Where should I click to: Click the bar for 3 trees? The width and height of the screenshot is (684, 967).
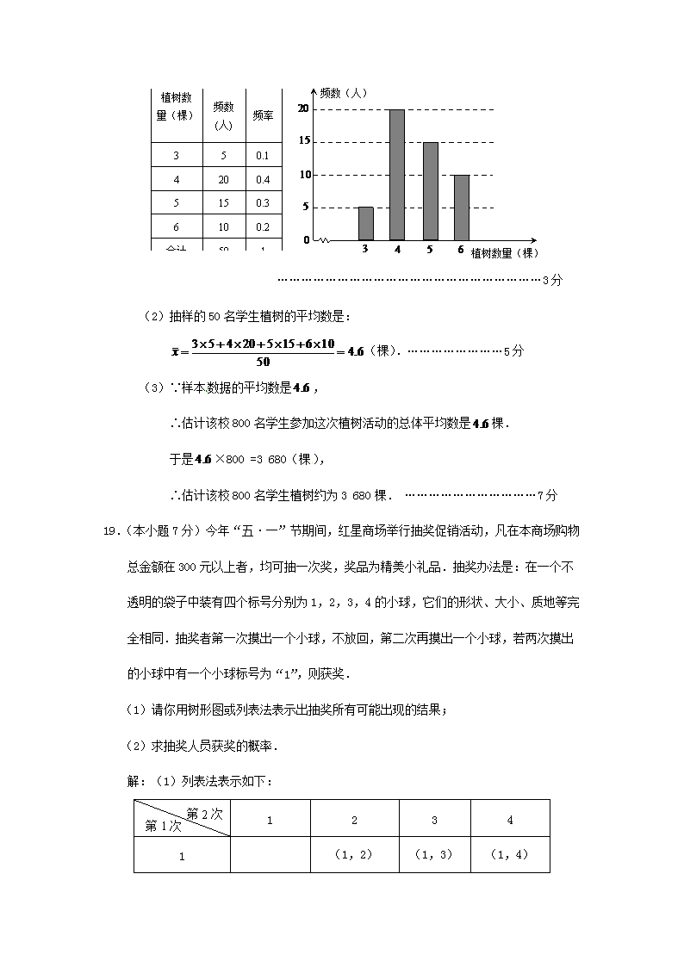point(365,223)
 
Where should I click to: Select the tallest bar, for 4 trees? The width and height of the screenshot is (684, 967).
point(397,175)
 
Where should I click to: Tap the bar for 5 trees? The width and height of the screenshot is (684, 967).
point(430,191)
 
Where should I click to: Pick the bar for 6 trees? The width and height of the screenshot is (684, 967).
point(462,207)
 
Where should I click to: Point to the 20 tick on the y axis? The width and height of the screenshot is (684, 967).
point(302,108)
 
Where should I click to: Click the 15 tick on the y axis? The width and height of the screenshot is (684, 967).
point(302,141)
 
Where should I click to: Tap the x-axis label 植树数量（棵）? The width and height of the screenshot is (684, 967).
point(504,253)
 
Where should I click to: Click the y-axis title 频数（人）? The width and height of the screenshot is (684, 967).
point(343,93)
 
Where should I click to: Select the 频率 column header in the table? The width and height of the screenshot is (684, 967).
point(263,115)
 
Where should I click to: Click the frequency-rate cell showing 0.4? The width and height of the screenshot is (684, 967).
point(263,179)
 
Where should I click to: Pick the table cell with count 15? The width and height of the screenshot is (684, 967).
point(223,202)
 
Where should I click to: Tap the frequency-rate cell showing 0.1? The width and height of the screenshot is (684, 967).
point(263,156)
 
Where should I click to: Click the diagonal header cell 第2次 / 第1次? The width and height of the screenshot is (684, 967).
point(182,818)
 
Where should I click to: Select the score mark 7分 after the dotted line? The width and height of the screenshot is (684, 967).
point(548,495)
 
